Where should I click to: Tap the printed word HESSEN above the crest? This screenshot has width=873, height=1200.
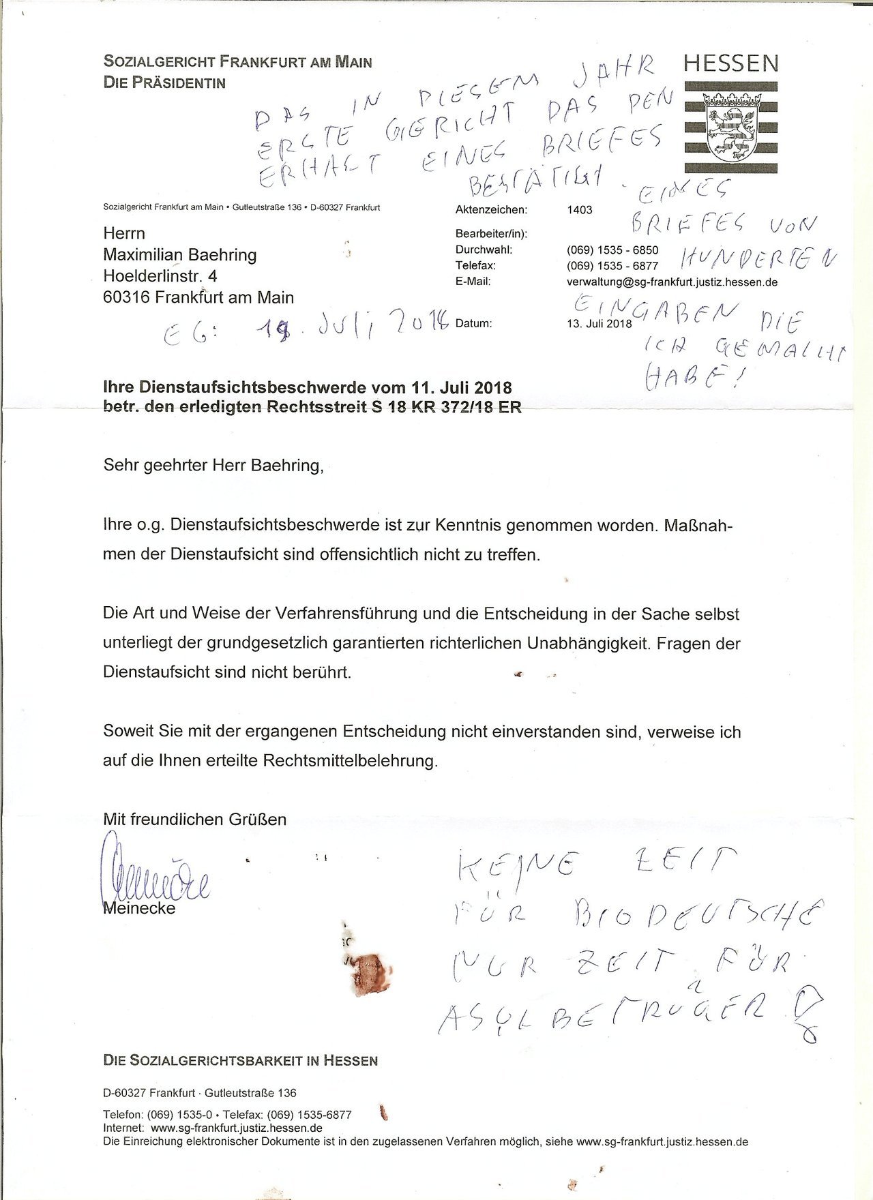click(x=730, y=64)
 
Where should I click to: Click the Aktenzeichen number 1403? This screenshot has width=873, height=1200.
click(x=579, y=210)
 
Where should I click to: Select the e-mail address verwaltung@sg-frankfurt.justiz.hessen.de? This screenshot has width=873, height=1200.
click(x=672, y=282)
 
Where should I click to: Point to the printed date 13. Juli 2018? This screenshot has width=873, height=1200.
click(x=600, y=323)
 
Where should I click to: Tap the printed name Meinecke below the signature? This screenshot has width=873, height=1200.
click(x=139, y=908)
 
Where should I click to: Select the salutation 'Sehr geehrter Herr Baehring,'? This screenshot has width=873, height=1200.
click(x=211, y=466)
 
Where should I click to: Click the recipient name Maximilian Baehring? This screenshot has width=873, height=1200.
click(x=180, y=255)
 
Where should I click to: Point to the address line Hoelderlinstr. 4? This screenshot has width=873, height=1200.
click(x=160, y=276)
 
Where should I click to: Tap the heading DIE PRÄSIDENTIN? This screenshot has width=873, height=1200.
click(x=164, y=82)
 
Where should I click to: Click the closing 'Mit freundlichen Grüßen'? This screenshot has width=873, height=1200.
click(x=194, y=818)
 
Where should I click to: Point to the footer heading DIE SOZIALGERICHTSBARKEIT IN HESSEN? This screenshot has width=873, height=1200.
click(x=240, y=1060)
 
